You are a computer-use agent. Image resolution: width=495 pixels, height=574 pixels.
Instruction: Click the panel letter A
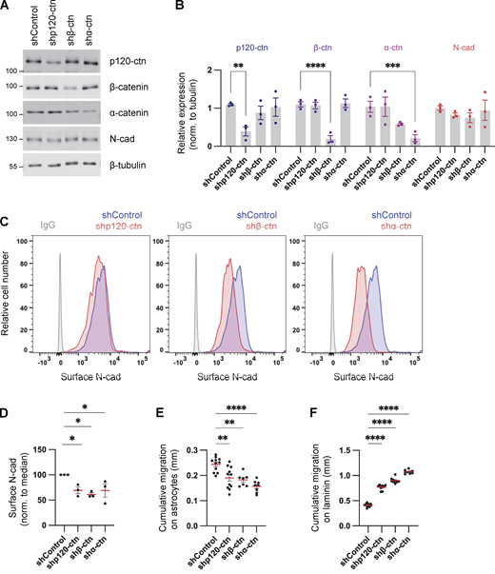click(7, 8)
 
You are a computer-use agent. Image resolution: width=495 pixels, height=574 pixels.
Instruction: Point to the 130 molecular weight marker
click(11, 139)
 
